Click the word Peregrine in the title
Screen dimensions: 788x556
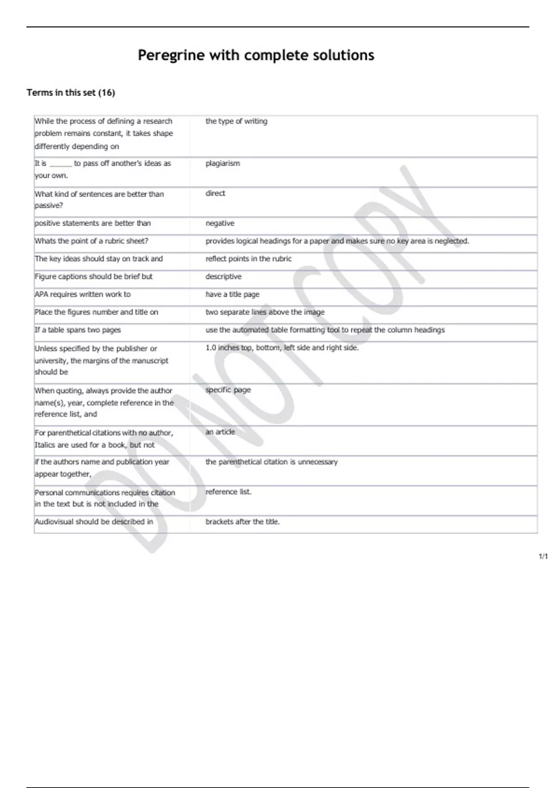[x=171, y=56]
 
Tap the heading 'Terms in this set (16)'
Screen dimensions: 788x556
[x=70, y=93]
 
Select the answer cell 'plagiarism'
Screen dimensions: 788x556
[x=223, y=163]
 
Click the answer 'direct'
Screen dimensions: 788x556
[x=215, y=193]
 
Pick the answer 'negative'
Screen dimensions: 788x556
[x=220, y=223]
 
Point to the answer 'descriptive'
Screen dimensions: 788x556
[x=223, y=277]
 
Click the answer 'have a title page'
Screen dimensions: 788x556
[x=233, y=294]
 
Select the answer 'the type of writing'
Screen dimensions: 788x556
[x=236, y=121]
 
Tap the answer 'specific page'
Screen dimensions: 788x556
[x=228, y=390]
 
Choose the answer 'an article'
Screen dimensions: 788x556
[x=220, y=432]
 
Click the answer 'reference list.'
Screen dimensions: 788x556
[x=228, y=492]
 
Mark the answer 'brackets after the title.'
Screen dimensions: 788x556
[x=242, y=522]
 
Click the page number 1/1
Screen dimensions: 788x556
[x=543, y=557]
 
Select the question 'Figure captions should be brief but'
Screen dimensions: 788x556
[x=94, y=277]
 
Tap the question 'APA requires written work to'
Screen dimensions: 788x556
[x=82, y=294]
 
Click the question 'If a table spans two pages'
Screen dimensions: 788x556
[x=78, y=330]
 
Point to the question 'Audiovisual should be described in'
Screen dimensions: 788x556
[x=94, y=522]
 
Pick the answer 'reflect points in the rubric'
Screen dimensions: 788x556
[x=248, y=259]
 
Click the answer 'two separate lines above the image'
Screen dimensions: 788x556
[x=265, y=312]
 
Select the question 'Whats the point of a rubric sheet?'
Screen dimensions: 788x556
[x=91, y=241]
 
